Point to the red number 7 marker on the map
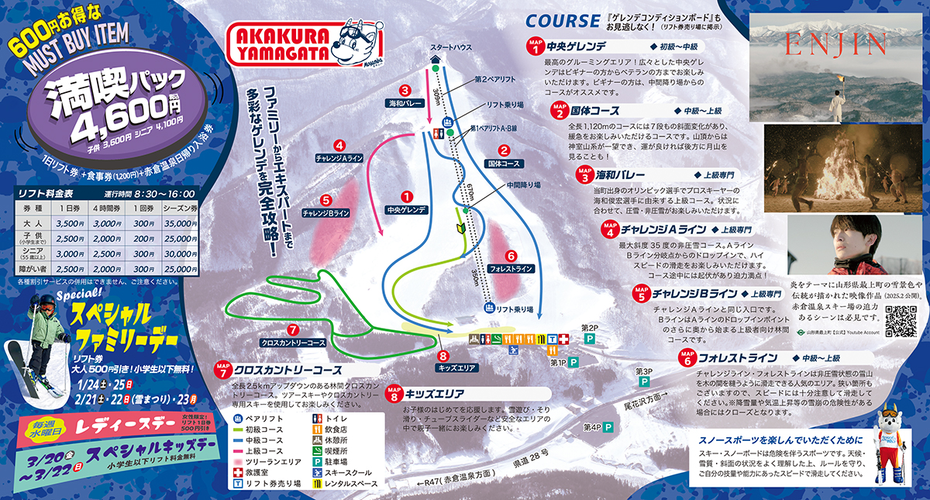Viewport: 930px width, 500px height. tap(292, 329)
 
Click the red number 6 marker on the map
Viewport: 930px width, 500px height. tap(510, 254)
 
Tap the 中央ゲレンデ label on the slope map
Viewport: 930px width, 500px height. tap(405, 209)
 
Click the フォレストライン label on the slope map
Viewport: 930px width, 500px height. tap(511, 269)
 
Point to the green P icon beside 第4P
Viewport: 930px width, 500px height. tap(609, 427)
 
